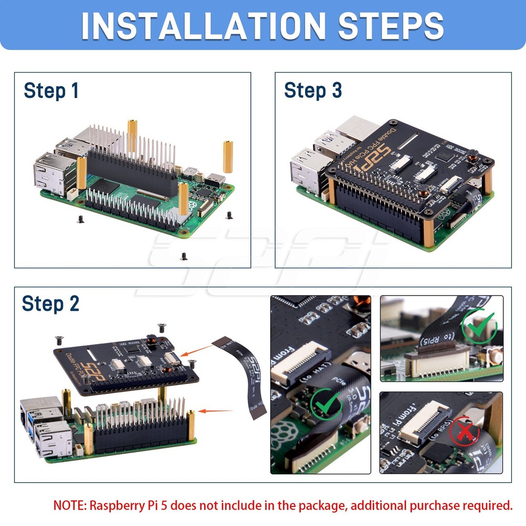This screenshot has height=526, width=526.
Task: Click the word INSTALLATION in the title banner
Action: point(203,25)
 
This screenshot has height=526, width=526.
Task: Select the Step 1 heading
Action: point(51,90)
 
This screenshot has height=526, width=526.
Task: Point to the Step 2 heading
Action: point(50,304)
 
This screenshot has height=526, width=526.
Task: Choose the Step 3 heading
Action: point(313,90)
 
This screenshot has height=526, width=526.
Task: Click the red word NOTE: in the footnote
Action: point(70,505)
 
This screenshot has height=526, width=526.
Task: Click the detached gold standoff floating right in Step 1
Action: point(228,157)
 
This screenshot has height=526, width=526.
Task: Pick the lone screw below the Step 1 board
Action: point(184,256)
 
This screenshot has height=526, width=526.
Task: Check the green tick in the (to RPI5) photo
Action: point(479,327)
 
